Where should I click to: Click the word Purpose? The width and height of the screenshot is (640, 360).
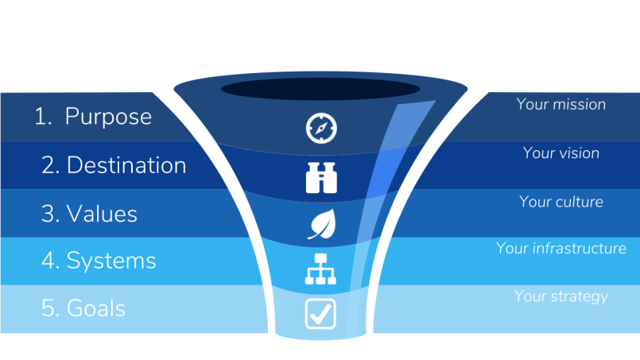tap(108, 117)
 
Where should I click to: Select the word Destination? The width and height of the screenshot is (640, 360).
tap(126, 165)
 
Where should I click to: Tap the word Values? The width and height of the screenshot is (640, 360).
tap(102, 214)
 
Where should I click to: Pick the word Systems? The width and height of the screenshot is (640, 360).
tap(111, 261)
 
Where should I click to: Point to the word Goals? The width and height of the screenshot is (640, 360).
tap(96, 308)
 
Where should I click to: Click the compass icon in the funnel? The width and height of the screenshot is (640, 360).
tap(321, 128)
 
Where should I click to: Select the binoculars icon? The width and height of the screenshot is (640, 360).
tap(321, 177)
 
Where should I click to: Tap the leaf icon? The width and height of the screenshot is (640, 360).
tap(321, 224)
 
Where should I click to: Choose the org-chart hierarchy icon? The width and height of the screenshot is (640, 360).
tap(321, 270)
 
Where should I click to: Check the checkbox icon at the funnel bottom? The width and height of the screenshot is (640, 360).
tap(321, 313)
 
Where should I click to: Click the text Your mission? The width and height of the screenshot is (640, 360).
tap(560, 104)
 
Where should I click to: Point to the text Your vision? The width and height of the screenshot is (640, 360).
tap(560, 153)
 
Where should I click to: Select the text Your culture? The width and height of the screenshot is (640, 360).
tap(560, 201)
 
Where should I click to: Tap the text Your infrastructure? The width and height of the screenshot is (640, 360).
tap(560, 249)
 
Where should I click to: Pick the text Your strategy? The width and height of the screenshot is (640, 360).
tap(560, 296)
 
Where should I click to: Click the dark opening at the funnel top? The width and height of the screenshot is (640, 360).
tap(321, 88)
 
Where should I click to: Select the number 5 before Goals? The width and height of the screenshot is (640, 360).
tap(49, 308)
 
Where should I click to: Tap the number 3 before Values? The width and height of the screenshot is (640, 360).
tap(48, 214)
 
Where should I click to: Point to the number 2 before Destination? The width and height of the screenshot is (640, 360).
tap(49, 165)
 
